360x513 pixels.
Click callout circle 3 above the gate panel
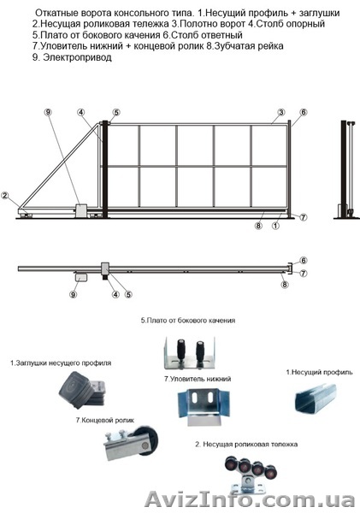tap(280, 113)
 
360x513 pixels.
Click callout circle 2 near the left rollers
tap(4, 196)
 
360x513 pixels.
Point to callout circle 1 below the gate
tap(275, 226)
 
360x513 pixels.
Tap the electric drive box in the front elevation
tap(81, 211)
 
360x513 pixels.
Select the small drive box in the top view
tap(81, 278)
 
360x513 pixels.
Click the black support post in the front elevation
tap(105, 169)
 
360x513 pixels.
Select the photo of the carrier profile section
tap(316, 398)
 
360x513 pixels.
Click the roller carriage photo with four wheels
tap(251, 474)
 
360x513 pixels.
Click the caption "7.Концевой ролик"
tap(104, 420)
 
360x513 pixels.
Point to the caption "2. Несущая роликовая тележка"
tap(246, 445)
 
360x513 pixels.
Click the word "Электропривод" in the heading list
tap(77, 57)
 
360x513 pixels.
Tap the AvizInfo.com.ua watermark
tap(250, 499)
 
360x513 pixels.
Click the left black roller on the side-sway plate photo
tap(180, 351)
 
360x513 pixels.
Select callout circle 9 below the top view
tap(73, 294)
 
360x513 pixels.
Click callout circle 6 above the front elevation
tap(304, 113)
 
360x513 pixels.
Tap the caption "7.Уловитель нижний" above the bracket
tap(198, 379)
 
